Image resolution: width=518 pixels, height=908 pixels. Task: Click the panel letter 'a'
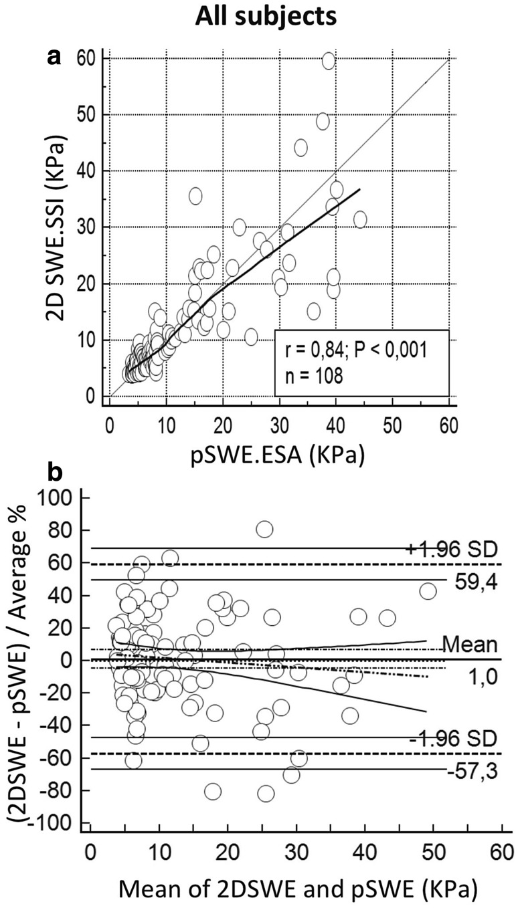tap(54, 59)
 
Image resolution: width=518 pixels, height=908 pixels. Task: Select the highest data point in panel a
tap(329, 61)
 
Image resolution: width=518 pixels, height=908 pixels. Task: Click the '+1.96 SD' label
tap(451, 549)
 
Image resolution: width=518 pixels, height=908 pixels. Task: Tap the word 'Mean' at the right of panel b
tap(469, 645)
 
